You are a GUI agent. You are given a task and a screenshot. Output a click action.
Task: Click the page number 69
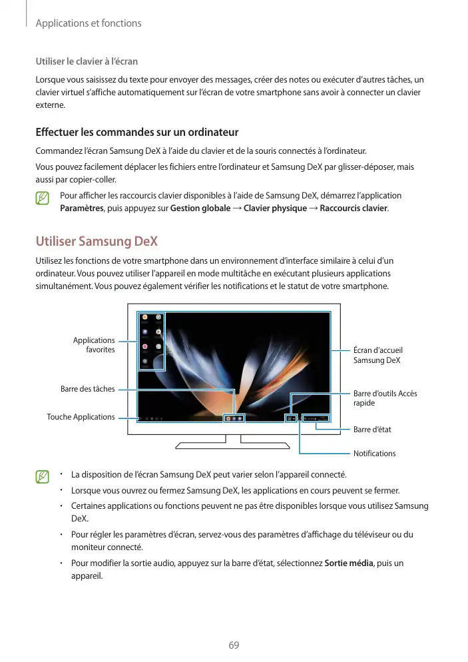point(234,645)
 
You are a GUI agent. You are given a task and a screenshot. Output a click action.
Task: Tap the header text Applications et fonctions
point(89,23)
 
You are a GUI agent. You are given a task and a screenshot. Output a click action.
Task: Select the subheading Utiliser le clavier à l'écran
point(87,62)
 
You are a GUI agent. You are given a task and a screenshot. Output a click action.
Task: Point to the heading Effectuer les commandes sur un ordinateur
point(136,132)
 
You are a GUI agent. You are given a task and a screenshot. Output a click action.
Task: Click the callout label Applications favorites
point(94,345)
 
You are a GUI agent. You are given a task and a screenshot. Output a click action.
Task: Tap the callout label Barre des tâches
point(87,389)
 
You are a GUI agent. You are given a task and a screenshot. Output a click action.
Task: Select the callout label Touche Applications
point(81,417)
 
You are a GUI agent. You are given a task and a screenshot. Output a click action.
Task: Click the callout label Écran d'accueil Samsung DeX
point(378,355)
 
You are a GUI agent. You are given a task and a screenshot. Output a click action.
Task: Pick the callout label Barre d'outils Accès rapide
point(385,398)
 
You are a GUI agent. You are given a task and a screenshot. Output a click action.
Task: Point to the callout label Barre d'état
point(372,430)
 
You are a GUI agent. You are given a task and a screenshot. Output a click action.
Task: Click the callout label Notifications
point(374,454)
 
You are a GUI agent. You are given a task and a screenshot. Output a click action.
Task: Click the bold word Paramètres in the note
point(81,208)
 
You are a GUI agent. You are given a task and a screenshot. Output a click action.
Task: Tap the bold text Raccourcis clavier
point(353,208)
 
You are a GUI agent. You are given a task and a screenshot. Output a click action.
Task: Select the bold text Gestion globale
point(200,208)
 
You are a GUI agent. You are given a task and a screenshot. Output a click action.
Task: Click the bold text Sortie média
point(349,563)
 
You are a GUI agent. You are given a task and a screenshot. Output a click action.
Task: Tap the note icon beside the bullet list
point(43,477)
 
